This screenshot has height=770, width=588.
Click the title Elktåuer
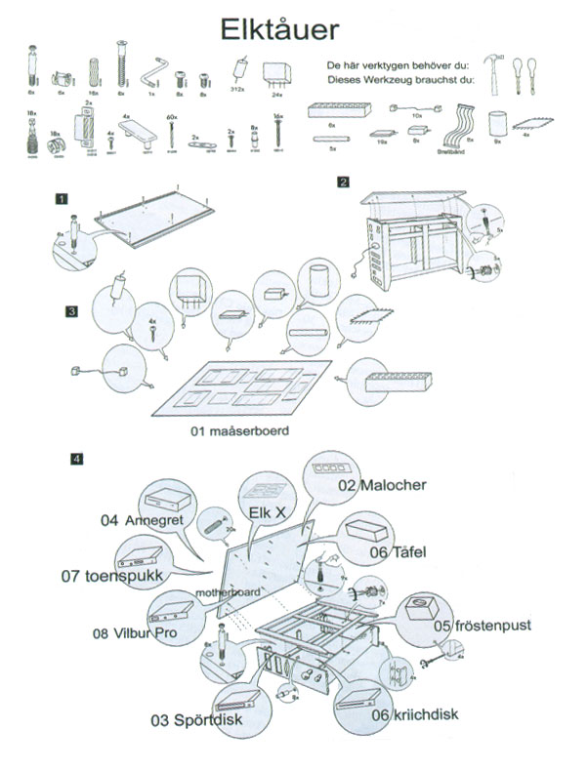click(x=280, y=25)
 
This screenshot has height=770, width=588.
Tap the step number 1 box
click(x=62, y=199)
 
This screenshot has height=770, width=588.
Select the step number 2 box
click(x=344, y=182)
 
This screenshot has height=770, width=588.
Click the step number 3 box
click(x=72, y=312)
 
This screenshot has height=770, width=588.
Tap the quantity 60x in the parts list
click(x=173, y=117)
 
